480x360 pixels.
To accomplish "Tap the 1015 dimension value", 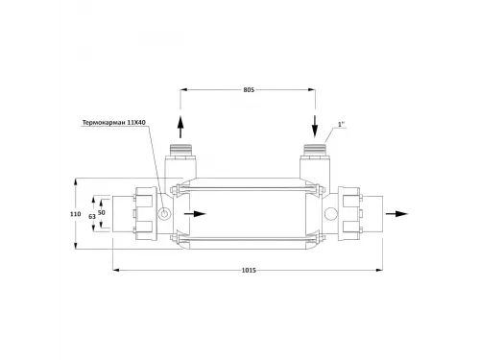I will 249,271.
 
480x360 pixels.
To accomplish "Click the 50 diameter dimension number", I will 103,210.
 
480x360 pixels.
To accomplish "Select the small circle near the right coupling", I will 330,213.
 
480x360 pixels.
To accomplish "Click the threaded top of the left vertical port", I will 179,151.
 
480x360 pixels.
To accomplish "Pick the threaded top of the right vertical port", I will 315,151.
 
